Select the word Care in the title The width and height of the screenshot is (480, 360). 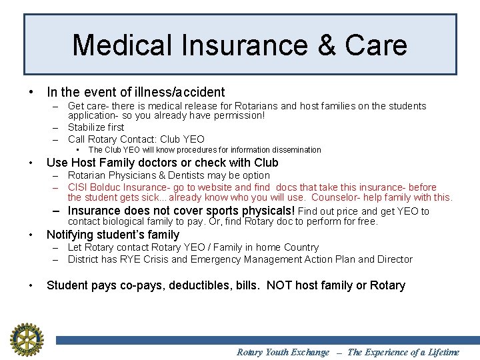point(376,45)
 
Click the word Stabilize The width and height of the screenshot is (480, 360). point(87,127)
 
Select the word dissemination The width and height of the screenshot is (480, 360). point(297,150)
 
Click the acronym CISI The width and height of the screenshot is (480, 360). point(79,187)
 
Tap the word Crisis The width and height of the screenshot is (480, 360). point(172,259)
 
